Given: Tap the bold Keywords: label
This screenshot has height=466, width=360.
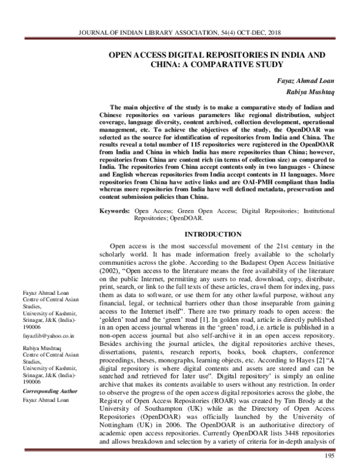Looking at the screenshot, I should pos(113,211).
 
